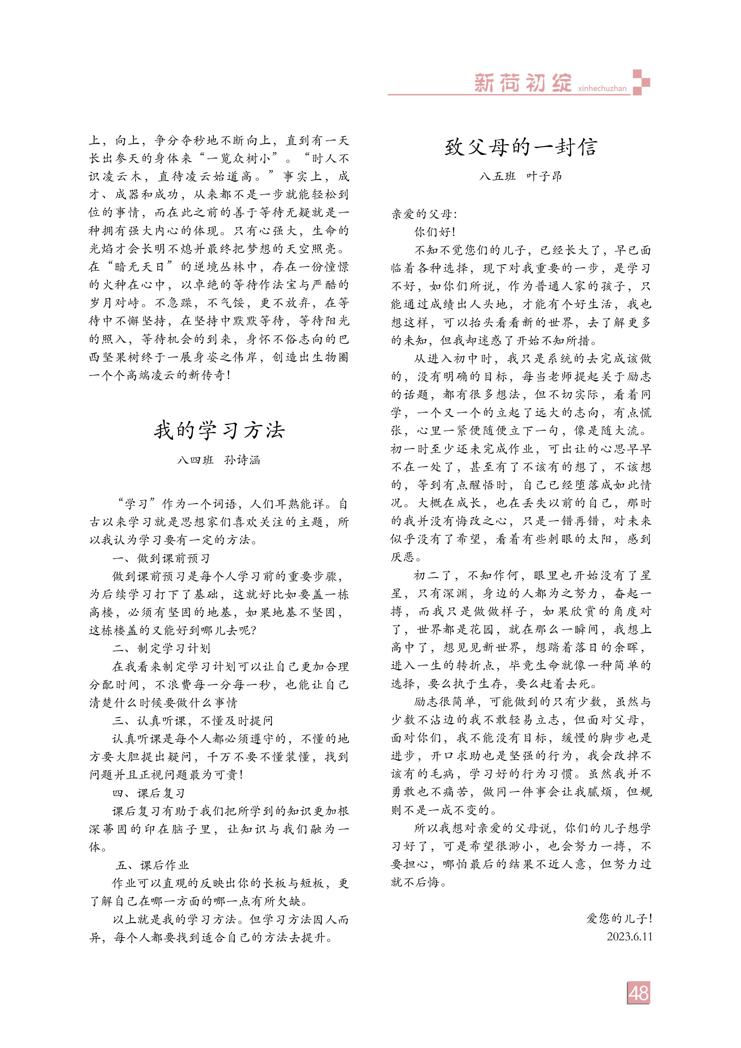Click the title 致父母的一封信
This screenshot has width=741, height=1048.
521,147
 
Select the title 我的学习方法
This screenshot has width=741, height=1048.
219,430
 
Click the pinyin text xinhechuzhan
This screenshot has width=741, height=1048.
602,88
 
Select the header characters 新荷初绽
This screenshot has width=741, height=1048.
523,83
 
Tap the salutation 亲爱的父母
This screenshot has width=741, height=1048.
424,214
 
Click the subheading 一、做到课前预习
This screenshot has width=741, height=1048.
161,558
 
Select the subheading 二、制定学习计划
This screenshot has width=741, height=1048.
161,648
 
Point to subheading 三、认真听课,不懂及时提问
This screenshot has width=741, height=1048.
192,720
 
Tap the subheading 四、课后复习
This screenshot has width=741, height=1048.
148,793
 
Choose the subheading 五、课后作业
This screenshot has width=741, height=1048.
152,865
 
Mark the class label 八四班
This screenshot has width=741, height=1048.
195,460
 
